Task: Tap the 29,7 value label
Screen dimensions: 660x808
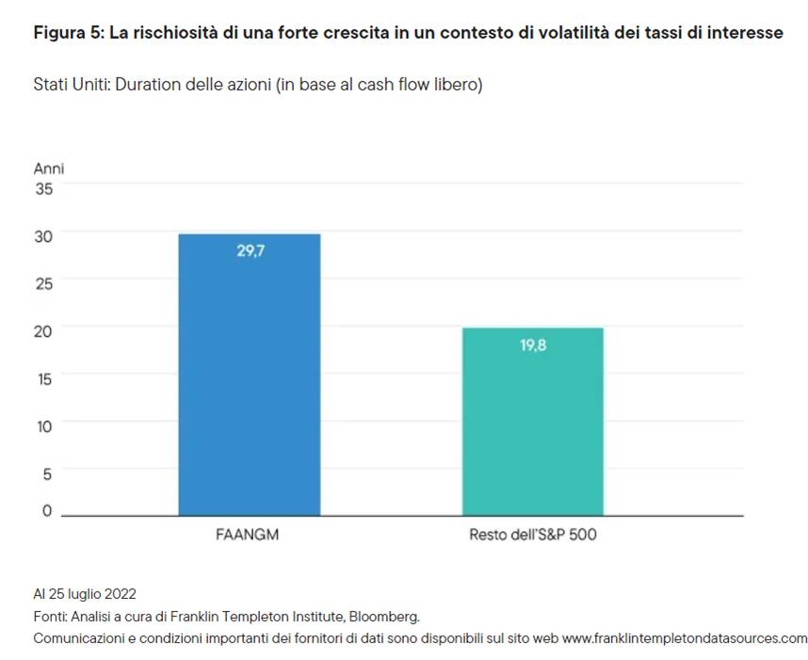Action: point(250,251)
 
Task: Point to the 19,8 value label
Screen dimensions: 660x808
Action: point(533,346)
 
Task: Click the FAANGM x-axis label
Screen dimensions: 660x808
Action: point(249,536)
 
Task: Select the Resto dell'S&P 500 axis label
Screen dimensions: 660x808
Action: point(533,536)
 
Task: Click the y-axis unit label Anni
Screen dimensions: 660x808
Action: point(49,169)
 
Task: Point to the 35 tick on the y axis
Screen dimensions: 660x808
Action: point(44,188)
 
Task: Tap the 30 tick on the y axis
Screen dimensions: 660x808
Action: point(44,235)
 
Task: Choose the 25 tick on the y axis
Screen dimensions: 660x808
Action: point(44,282)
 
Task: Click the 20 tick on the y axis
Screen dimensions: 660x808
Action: point(44,329)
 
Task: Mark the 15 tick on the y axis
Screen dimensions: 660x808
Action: point(44,378)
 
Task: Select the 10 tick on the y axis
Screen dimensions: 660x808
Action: point(44,426)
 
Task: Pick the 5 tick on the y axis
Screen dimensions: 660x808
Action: point(48,474)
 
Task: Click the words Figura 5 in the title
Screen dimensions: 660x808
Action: point(67,33)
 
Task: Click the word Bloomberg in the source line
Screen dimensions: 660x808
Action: point(384,617)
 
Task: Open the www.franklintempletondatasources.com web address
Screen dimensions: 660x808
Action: point(685,638)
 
